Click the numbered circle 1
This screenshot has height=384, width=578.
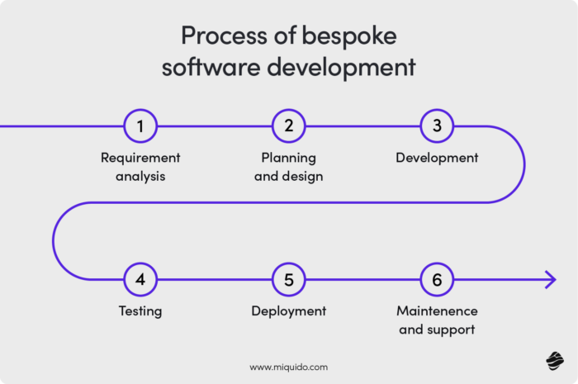click(140, 126)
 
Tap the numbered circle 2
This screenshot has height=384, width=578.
click(289, 126)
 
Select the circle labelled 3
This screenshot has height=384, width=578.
click(437, 126)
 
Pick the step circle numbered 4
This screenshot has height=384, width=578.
click(140, 280)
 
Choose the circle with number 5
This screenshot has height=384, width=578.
click(289, 280)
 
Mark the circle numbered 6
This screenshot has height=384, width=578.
click(437, 280)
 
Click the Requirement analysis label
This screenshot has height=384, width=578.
click(140, 166)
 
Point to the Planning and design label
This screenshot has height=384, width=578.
click(289, 166)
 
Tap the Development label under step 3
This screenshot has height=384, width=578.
click(437, 157)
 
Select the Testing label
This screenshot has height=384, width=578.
click(140, 311)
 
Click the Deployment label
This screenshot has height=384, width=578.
click(289, 311)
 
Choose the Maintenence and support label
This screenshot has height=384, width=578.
click(437, 320)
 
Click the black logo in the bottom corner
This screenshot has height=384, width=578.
click(553, 360)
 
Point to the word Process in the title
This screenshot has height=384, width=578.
click(217, 36)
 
